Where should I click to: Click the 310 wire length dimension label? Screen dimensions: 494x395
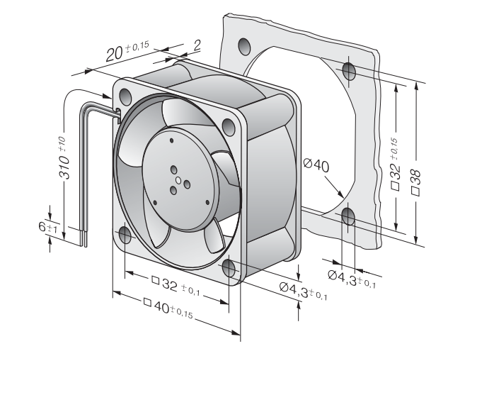click(x=64, y=158)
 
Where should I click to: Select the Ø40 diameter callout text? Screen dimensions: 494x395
click(x=316, y=165)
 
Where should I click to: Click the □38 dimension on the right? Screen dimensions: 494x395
click(x=416, y=183)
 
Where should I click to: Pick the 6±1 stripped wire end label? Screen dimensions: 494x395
click(x=48, y=228)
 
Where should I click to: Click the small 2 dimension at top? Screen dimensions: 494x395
click(x=197, y=45)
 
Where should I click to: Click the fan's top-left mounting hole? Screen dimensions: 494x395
click(x=125, y=96)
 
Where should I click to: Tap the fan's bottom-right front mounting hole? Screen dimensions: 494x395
click(x=229, y=268)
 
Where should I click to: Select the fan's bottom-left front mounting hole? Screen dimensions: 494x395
click(x=125, y=235)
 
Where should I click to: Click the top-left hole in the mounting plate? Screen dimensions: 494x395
click(x=244, y=46)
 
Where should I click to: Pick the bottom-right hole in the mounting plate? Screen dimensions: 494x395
click(x=348, y=216)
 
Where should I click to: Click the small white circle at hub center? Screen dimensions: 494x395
click(x=178, y=181)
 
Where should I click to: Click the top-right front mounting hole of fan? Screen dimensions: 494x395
click(x=229, y=126)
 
